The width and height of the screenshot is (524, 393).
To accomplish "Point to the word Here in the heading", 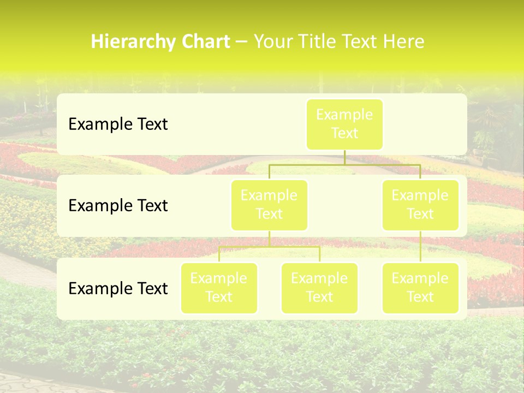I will pyautogui.click(x=403, y=42).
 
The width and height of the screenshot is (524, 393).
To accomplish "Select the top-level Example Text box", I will pyautogui.click(x=344, y=124).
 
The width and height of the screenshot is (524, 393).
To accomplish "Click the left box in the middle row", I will pyautogui.click(x=269, y=205).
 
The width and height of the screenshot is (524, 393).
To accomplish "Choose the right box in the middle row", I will pyautogui.click(x=420, y=205).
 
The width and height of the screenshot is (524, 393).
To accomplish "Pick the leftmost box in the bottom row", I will pyautogui.click(x=219, y=288).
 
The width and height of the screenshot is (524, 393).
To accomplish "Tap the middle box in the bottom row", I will pyautogui.click(x=319, y=288).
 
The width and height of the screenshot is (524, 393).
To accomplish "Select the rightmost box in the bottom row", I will pyautogui.click(x=420, y=288).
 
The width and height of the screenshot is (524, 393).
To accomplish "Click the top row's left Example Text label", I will pyautogui.click(x=118, y=124).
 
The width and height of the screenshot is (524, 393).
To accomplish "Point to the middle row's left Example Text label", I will pyautogui.click(x=118, y=206).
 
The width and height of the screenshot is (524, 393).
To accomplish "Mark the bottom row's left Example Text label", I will pyautogui.click(x=118, y=289).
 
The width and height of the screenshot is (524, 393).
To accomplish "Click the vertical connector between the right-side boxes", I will pyautogui.click(x=420, y=247).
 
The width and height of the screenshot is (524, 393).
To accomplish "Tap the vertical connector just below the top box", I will pyautogui.click(x=344, y=157).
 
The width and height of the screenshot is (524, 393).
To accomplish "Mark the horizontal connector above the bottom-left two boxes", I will pyautogui.click(x=269, y=247).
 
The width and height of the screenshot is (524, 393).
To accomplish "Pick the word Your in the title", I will pyautogui.click(x=271, y=42).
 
